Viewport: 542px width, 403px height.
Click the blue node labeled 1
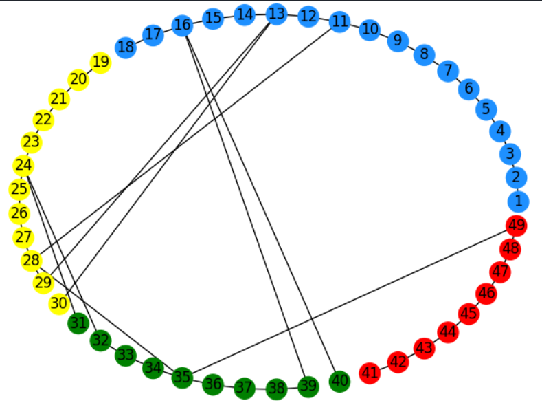pos(518,201)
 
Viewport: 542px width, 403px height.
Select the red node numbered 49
pos(517,226)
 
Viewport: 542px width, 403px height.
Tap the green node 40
pos(339,382)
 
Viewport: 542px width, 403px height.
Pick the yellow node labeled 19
pos(100,63)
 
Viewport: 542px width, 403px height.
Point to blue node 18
pos(126,47)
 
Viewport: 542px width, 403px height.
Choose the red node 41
pos(370,373)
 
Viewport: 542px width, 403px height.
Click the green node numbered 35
pos(182,378)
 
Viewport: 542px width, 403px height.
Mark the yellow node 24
pos(23,165)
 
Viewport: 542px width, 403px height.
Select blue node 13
pos(276,14)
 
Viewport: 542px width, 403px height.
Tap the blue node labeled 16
pos(182,25)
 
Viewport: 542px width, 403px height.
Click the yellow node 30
pos(59,304)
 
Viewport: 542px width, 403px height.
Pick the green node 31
pos(78,323)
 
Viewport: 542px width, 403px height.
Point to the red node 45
pos(468,314)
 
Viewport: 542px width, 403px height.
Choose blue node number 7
pos(448,71)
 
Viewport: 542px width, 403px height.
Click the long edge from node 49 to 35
pos(349,302)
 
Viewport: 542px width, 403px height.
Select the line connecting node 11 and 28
pos(185,141)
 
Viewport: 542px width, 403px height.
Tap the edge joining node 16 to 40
pos(260,204)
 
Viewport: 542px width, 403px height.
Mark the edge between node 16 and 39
pos(245,206)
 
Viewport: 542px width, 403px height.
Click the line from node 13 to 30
pos(168,159)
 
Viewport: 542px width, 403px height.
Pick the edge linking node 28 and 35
pos(107,319)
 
